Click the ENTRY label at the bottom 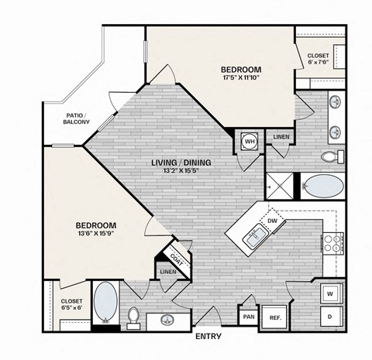[208, 337]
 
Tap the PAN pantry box [249, 316]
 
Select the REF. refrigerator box [274, 317]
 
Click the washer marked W [329, 294]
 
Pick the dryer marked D [329, 317]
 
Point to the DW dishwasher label [272, 221]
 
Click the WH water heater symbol [250, 142]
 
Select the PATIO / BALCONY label [77, 118]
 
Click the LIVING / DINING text [182, 163]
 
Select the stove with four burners [332, 243]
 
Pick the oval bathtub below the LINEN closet [322, 187]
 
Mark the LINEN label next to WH [281, 138]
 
